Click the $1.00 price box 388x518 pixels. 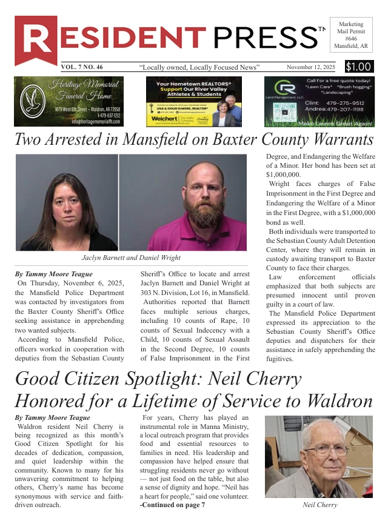click(x=360, y=67)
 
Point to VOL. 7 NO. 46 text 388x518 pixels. click(x=82, y=67)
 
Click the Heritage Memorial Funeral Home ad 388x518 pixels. click(x=68, y=101)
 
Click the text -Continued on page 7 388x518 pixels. click(x=172, y=505)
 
